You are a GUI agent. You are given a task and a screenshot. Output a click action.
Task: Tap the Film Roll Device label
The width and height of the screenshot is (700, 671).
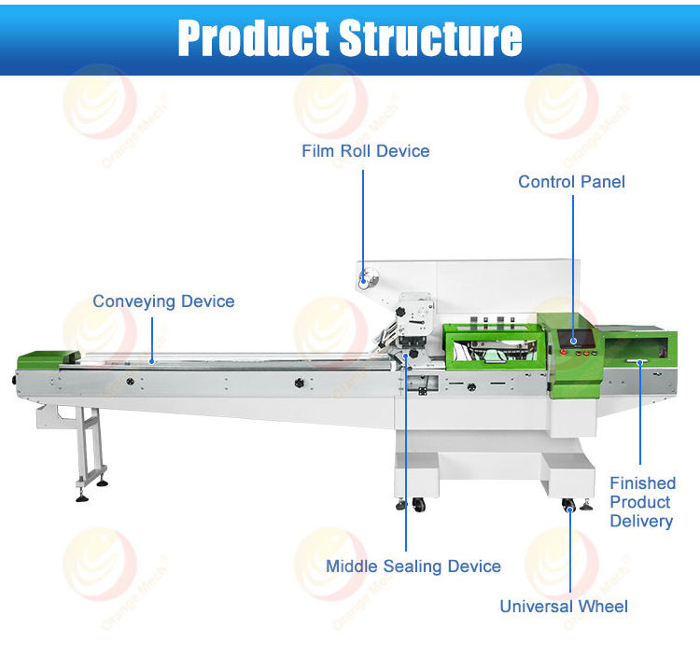(366, 150)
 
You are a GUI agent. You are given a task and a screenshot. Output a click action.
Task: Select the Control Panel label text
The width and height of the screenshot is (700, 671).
(571, 181)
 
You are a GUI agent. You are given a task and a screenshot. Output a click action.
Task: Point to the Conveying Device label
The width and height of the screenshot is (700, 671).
(163, 301)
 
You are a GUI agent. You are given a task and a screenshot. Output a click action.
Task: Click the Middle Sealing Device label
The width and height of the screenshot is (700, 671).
(413, 566)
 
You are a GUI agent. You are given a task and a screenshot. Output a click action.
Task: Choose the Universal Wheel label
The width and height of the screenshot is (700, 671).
(564, 606)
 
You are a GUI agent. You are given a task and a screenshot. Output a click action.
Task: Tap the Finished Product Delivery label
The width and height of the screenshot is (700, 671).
(642, 502)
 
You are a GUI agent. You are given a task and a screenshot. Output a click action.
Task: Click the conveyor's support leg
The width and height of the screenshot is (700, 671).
(89, 448)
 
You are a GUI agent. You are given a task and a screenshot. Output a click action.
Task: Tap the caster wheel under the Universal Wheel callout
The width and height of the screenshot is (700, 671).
(568, 506)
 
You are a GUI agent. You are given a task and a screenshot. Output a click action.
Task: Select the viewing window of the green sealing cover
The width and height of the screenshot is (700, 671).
(488, 346)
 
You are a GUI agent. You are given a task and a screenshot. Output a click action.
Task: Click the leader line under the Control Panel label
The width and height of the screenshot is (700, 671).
(572, 261)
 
